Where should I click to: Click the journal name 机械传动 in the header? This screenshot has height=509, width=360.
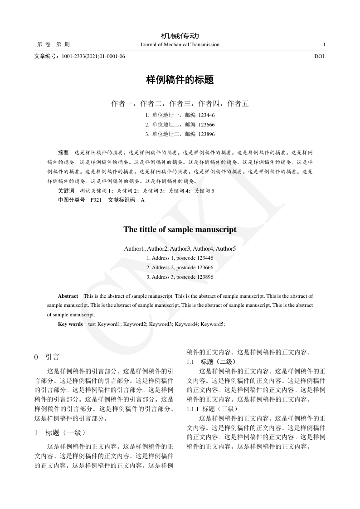pos(180,36)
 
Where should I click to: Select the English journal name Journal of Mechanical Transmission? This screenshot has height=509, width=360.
pos(180,44)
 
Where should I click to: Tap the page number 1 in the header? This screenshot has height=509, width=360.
pos(324,44)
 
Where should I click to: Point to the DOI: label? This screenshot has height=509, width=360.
pos(320,56)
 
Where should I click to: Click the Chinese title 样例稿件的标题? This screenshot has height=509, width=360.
pos(180,80)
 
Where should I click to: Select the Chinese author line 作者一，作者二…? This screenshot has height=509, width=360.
pos(180,103)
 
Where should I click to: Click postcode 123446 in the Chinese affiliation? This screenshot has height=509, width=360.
pos(206,115)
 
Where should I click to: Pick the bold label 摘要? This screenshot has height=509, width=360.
pos(63,153)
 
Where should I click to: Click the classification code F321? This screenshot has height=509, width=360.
pos(96,200)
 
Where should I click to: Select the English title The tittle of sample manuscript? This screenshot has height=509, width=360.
pos(180,229)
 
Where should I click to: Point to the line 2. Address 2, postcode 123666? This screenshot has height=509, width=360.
pos(180,267)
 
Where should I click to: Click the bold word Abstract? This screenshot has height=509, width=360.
pos(68,296)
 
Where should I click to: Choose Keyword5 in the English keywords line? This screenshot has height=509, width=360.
pos(212,324)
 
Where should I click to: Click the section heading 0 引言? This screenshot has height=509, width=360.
pos(47,357)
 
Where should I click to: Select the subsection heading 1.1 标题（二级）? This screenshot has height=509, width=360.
pos(211,362)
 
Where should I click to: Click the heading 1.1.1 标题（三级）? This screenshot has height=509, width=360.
pos(211,409)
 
